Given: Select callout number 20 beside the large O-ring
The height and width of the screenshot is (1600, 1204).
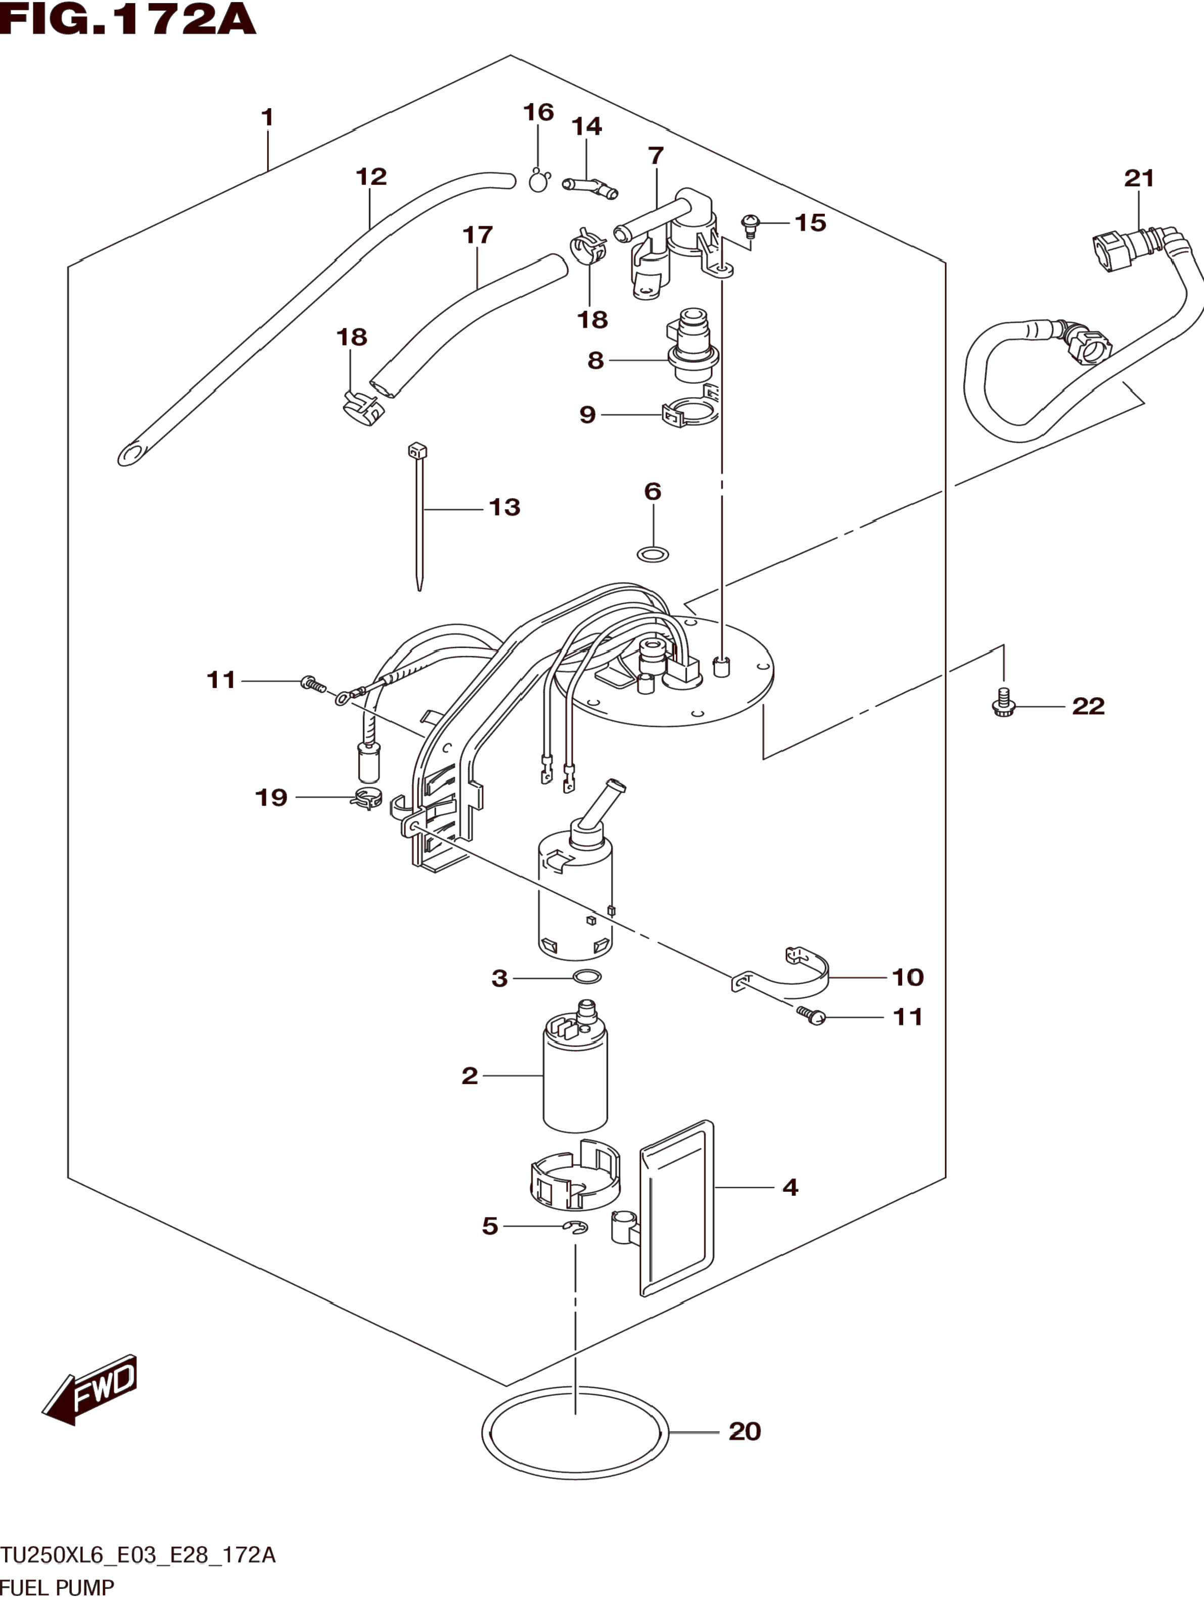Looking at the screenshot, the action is click(x=745, y=1431).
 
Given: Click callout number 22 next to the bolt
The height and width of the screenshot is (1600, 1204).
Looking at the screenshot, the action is click(x=1088, y=706).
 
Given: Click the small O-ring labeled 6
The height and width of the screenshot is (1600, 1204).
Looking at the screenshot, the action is click(x=653, y=555).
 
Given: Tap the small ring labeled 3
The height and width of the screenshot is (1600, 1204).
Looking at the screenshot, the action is click(x=587, y=977).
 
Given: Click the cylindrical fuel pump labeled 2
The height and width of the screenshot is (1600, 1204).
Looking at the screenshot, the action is click(x=575, y=1065).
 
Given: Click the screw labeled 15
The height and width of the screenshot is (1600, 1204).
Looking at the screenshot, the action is click(x=750, y=225).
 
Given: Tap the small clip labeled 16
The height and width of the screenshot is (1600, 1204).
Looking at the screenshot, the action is click(x=538, y=180).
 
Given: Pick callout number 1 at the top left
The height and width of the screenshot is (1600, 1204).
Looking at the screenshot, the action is click(x=267, y=117).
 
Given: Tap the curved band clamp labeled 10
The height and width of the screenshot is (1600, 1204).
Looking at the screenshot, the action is click(x=781, y=973).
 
